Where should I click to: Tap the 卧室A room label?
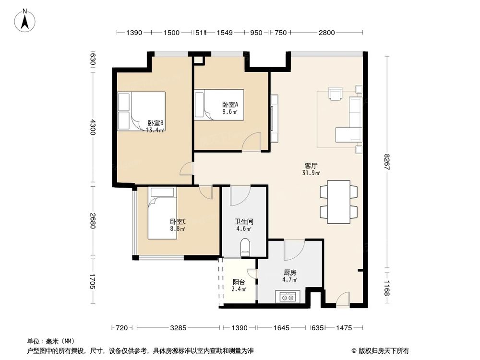227,108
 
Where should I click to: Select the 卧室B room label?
155,126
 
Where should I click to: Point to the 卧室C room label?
178,225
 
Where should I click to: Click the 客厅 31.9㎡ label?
312,168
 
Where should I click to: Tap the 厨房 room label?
289,276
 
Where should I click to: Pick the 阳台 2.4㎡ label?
239,286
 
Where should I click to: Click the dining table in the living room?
339,202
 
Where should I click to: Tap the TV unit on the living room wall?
274,119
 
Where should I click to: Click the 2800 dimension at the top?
326,33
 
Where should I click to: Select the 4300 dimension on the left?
93,129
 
